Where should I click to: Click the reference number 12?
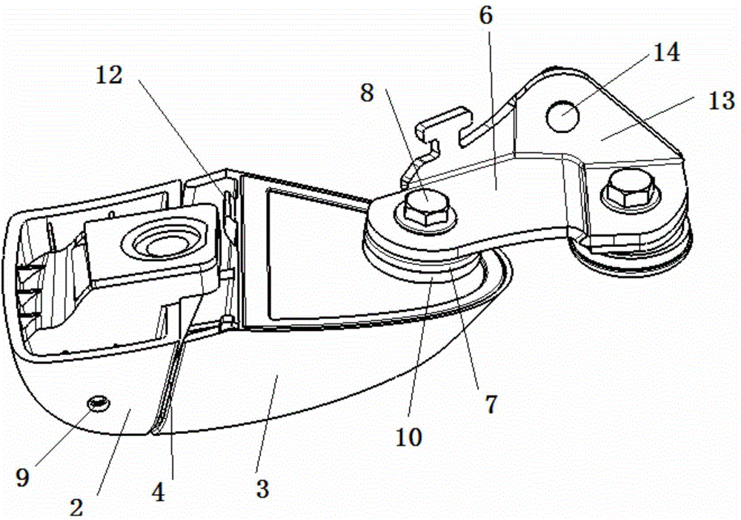tap(109, 75)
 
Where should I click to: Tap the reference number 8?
tap(367, 93)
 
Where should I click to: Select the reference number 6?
tap(485, 16)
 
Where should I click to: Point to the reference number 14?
tap(666, 52)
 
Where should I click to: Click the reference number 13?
tap(722, 101)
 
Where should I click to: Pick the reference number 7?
tap(491, 404)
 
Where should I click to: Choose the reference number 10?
tap(409, 437)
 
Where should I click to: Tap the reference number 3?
tap(263, 488)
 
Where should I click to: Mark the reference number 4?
tap(159, 493)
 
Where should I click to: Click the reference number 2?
tap(76, 507)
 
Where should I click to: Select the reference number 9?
tap(22, 478)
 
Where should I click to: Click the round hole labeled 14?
tap(562, 116)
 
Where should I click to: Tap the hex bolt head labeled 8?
tap(424, 210)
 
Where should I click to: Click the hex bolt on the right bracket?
tap(628, 189)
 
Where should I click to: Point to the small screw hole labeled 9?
tap(98, 403)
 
